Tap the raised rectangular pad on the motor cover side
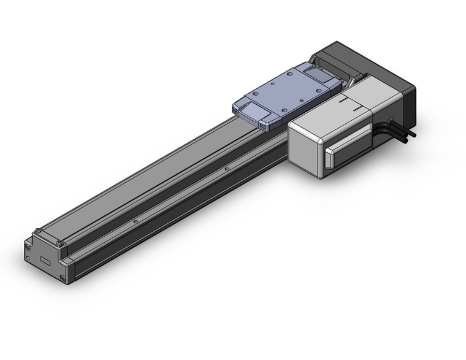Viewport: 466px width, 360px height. pyautogui.click(x=348, y=148)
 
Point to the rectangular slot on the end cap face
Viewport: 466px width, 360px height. pyautogui.click(x=46, y=261)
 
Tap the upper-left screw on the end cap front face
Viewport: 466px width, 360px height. pyautogui.click(x=28, y=245)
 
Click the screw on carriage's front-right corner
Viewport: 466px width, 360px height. pyautogui.click(x=264, y=128)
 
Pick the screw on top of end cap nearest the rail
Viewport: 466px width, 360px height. pyautogui.click(x=59, y=245)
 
